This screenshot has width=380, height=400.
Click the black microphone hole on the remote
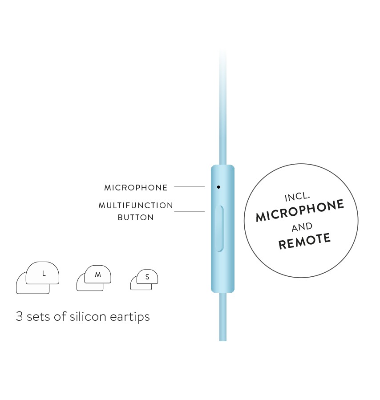pos(218,187)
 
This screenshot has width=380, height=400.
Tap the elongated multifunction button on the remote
pos(219,229)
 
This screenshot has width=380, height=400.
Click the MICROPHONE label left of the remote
pos(136,188)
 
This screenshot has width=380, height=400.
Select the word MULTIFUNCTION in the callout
pos(136,206)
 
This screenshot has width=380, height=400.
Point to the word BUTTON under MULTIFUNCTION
pos(136,218)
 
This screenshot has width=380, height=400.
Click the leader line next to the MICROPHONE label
pos(189,186)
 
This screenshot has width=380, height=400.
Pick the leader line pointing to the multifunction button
pos(189,212)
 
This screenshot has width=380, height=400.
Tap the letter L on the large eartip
pos(44,274)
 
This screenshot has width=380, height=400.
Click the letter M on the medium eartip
pos(98,275)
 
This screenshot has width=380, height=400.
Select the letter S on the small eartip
pos(147,277)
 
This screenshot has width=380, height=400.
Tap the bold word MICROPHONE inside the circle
pos(300,210)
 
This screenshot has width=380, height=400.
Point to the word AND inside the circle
pos(302,227)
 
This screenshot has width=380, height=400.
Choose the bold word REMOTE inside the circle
pos(304,241)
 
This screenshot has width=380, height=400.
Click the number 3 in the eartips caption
pos(20,316)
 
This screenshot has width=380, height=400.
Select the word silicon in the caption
pos(88,316)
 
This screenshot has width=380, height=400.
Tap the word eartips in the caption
pos(130,317)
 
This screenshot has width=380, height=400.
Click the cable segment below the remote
pos(223,317)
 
